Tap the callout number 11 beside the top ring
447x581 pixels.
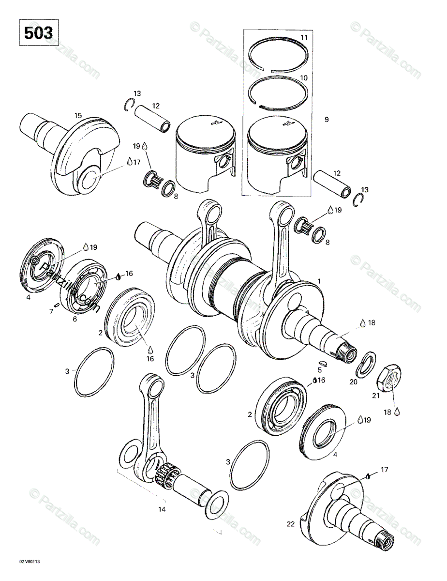pos(303,38)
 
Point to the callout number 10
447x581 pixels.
pos(303,77)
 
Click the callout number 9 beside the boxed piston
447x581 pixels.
pos(327,119)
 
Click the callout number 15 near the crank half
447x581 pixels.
pos(78,115)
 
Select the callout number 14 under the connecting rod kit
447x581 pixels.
pos(162,509)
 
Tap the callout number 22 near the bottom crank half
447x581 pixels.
pos(290,524)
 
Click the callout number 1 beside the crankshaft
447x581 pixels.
pos(319,281)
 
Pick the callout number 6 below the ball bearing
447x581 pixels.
pos(74,319)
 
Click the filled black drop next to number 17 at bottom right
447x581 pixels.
pos(368,475)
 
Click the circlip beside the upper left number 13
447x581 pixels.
pos(129,104)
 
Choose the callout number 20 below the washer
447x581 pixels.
pos(354,382)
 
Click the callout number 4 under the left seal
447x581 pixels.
pos(29,297)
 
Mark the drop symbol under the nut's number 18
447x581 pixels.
pos(397,411)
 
